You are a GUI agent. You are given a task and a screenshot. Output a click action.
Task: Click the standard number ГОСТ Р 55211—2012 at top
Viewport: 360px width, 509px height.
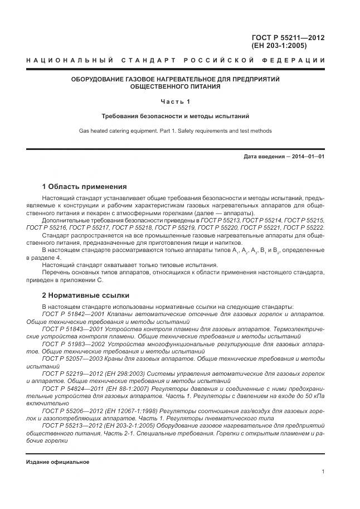coord(288,38)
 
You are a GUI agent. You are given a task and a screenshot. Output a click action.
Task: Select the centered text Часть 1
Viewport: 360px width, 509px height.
coord(176,101)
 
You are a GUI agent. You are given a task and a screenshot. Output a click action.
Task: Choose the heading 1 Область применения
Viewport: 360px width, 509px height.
coord(84,187)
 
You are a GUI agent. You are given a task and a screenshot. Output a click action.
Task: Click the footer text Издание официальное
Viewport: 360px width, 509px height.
coord(57,462)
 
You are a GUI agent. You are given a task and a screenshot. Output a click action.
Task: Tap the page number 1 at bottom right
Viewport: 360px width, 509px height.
coord(323,472)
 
